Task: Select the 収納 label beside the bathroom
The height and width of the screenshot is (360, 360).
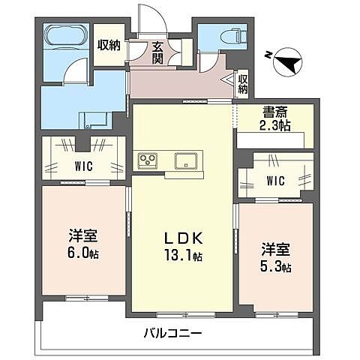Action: coord(109,45)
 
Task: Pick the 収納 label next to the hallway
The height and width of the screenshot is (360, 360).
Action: coord(243,83)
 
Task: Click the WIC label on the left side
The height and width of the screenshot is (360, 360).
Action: coord(82,166)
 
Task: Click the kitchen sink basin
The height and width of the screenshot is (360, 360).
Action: coord(187,160)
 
